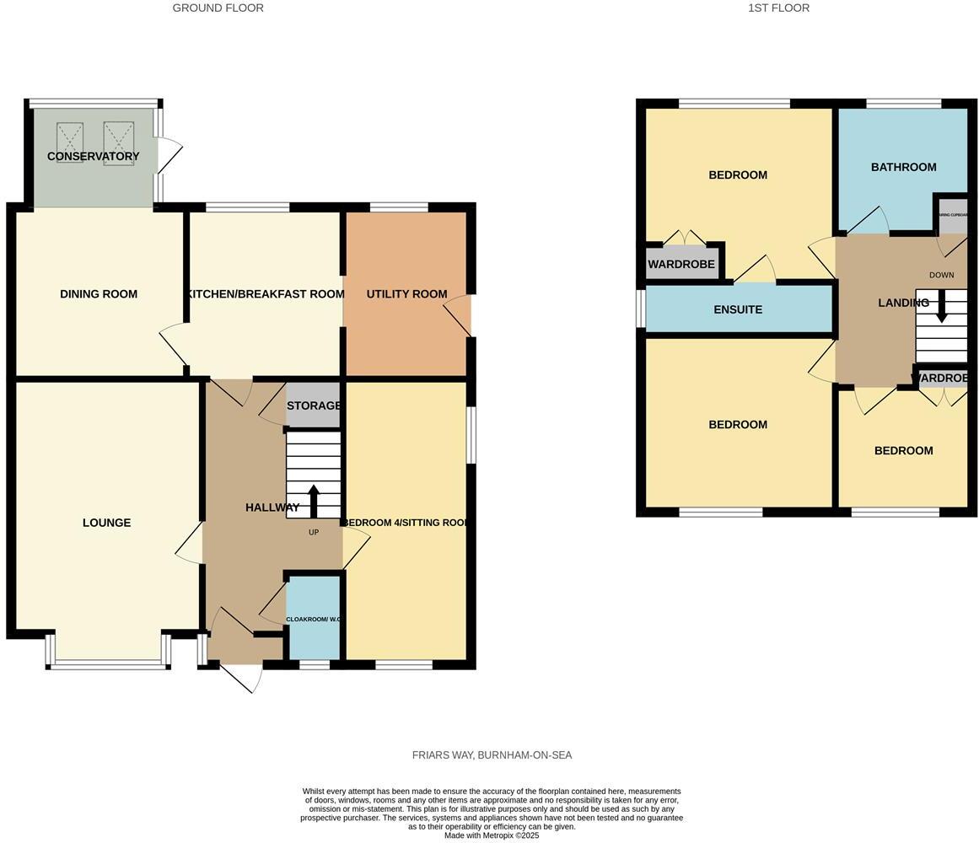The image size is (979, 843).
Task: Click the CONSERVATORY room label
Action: tap(93, 156)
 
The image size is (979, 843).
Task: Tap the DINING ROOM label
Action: tap(99, 294)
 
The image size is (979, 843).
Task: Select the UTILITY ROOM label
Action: tap(406, 294)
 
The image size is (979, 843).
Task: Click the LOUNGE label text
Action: tap(106, 523)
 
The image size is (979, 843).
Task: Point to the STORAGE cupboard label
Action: tap(314, 405)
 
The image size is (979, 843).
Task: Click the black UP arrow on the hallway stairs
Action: tap(314, 501)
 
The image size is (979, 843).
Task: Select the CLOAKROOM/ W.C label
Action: tap(314, 620)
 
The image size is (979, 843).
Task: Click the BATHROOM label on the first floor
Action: tap(903, 167)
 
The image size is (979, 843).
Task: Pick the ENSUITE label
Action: tap(738, 309)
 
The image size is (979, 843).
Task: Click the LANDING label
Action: tap(903, 303)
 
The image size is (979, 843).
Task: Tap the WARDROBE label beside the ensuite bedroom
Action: tap(681, 264)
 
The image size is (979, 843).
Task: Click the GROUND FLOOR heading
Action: tap(218, 8)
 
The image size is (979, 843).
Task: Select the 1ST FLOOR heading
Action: tap(778, 8)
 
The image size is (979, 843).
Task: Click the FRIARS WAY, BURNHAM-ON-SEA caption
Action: tap(492, 755)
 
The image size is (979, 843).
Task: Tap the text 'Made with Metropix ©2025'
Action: tap(492, 835)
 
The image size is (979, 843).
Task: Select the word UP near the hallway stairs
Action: tap(314, 532)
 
